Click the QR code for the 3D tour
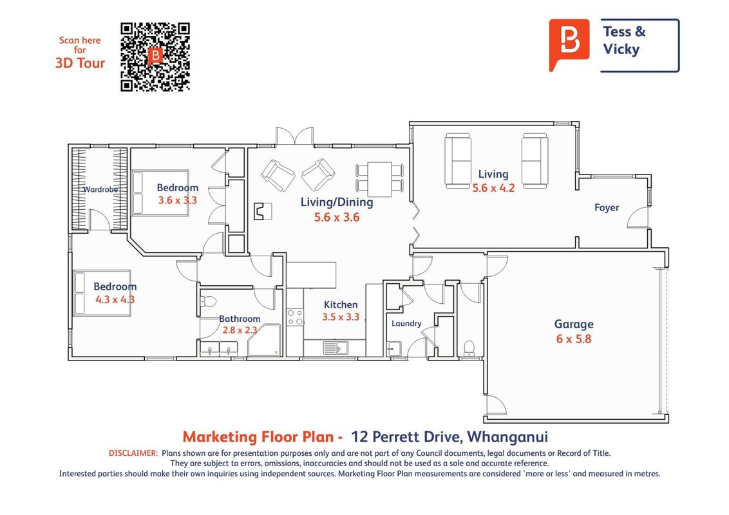(x=155, y=57)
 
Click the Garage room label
(x=574, y=324)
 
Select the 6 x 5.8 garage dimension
(x=574, y=339)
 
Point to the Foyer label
(x=607, y=208)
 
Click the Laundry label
(x=406, y=324)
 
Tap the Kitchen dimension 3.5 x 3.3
(x=341, y=317)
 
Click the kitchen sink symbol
(x=336, y=348)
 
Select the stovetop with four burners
(x=295, y=317)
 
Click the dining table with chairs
(x=380, y=178)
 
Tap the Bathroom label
(x=240, y=319)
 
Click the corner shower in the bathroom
(x=264, y=341)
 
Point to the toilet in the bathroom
(x=209, y=302)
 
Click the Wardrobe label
(x=100, y=189)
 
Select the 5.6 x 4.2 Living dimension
(x=493, y=188)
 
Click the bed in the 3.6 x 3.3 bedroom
(x=160, y=193)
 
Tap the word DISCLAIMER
(x=133, y=453)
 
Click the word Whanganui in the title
(x=507, y=437)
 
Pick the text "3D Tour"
(x=80, y=62)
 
